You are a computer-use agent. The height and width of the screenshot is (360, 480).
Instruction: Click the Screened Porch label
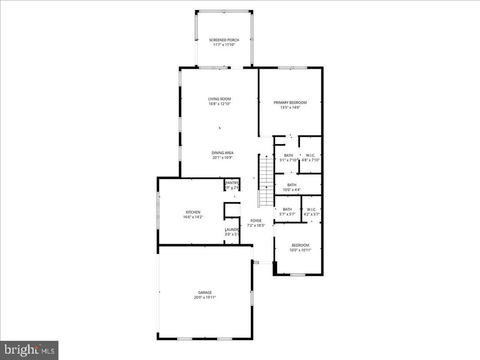click(224, 40)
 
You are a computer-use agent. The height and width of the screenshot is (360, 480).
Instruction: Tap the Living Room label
click(220, 99)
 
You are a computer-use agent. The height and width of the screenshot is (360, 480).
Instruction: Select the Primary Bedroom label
click(290, 103)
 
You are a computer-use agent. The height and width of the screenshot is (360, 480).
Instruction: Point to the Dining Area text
click(223, 153)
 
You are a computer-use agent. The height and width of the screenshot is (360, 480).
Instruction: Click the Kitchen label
click(193, 212)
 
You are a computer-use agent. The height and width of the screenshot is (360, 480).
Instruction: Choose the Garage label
click(205, 292)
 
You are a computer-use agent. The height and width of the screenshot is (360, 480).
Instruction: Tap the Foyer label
click(256, 221)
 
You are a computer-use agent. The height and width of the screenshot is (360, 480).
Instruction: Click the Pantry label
click(232, 183)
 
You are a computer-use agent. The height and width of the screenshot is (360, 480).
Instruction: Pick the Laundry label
click(232, 230)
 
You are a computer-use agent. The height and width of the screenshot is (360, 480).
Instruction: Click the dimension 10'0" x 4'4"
click(292, 190)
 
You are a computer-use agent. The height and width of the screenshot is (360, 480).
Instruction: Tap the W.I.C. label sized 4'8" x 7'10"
click(310, 156)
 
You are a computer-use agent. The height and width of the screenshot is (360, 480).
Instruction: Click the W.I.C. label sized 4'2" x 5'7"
click(311, 210)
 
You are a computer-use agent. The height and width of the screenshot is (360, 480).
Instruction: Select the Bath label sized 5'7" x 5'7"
click(287, 210)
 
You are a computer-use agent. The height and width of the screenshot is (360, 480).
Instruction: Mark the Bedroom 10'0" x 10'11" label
click(300, 246)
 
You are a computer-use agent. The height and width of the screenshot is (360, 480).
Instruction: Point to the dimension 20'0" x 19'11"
click(205, 297)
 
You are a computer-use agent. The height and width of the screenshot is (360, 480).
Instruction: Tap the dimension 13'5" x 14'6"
click(290, 107)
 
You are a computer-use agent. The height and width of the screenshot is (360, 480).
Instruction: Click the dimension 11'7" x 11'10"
click(224, 45)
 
